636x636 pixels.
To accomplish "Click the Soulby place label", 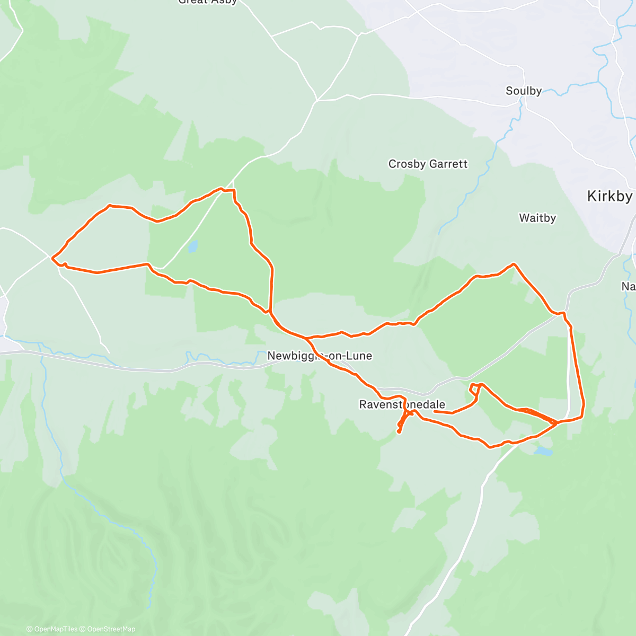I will tap(524, 91).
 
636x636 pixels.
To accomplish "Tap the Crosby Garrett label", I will tap(428, 164).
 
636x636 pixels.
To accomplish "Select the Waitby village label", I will tap(537, 218).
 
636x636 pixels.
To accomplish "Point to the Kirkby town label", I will tap(609, 197).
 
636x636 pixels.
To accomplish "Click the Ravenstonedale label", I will tap(402, 405).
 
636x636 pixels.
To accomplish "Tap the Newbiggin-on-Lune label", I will tap(320, 356).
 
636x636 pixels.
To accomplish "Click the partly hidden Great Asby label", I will tap(208, 2).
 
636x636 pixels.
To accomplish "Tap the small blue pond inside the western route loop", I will tap(192, 246).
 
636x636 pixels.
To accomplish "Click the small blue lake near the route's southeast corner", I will tap(543, 452).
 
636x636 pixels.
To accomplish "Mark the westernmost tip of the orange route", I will tap(52, 258).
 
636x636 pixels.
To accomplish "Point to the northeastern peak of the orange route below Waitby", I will tap(513, 263).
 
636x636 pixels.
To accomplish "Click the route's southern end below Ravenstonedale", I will tap(399, 432).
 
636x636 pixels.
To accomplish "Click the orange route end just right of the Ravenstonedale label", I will tap(435, 411).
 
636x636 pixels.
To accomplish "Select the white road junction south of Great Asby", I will tap(317, 100).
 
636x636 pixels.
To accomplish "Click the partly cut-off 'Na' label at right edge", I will tap(629, 287).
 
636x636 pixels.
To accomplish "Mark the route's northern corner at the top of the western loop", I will tap(233, 190).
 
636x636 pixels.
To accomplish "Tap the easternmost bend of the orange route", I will tap(584, 405).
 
